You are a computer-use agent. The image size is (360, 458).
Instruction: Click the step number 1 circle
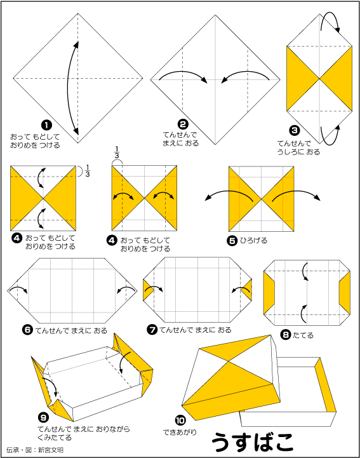(x=47, y=126)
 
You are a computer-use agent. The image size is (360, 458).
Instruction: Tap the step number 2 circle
(x=183, y=124)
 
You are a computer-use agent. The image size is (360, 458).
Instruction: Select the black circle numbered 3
(x=295, y=130)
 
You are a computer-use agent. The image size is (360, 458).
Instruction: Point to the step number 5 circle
(x=232, y=241)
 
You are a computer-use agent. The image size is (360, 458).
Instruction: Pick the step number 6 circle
(x=27, y=330)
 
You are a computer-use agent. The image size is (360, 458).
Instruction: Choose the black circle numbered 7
(x=152, y=330)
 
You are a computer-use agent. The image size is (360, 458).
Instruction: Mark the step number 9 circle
(x=43, y=418)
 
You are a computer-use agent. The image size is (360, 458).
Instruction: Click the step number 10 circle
(x=180, y=421)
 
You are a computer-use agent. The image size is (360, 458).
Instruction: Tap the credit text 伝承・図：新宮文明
(x=35, y=450)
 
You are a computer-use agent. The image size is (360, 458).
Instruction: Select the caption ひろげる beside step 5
(x=253, y=241)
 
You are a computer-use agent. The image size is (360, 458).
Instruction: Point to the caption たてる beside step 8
(x=303, y=335)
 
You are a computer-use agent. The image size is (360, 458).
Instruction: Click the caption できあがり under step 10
(x=180, y=432)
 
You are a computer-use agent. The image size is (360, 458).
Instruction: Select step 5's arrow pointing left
(x=229, y=195)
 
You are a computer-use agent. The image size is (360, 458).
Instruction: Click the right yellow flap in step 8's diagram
(x=345, y=292)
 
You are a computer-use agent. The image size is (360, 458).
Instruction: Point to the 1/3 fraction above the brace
(x=117, y=152)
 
